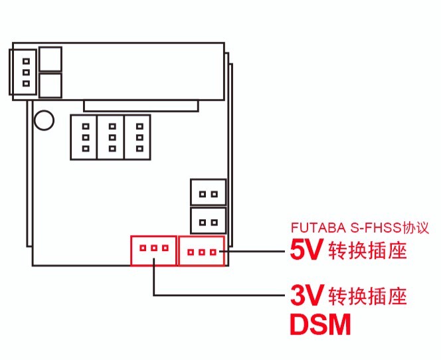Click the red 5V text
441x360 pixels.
coord(306,250)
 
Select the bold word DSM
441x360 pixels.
coord(320,324)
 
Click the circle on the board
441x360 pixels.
coord(44,120)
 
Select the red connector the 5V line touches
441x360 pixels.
coord(202,251)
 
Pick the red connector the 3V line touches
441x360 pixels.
coord(153,250)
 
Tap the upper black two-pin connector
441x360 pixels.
coord(208,192)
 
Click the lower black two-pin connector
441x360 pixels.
coord(208,221)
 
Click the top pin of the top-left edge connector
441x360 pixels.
coord(26,61)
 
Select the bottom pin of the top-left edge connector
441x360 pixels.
coord(26,84)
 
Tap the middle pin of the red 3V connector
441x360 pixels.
coord(154,248)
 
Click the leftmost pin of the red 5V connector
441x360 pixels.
coord(191,252)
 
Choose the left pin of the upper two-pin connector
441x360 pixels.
coord(202,194)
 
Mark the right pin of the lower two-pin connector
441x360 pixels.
coord(215,223)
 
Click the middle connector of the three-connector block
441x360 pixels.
coord(110,137)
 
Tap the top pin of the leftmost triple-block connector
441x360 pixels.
coord(86,126)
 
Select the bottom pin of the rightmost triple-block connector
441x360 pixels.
coord(139,149)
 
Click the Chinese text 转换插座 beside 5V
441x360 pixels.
coord(367,250)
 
